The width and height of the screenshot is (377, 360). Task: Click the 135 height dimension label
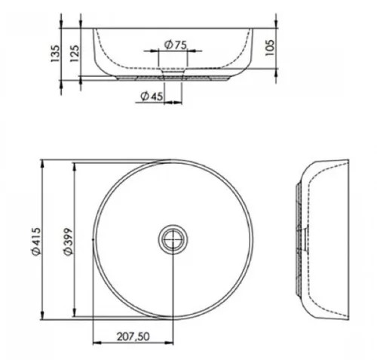pos(55,54)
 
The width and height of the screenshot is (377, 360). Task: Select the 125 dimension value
pos(75,54)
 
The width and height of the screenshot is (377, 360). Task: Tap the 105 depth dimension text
pos(270,48)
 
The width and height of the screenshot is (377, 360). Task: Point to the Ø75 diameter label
pos(176,45)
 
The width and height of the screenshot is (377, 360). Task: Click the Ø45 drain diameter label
pos(152,96)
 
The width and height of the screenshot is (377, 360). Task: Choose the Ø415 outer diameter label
pos(36,242)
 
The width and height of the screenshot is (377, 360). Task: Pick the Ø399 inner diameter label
pos(68,242)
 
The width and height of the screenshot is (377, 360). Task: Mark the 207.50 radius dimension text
pos(133,337)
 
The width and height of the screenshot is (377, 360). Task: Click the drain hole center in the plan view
pos(173,239)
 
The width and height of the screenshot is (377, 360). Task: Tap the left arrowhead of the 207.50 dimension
pos(97,343)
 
